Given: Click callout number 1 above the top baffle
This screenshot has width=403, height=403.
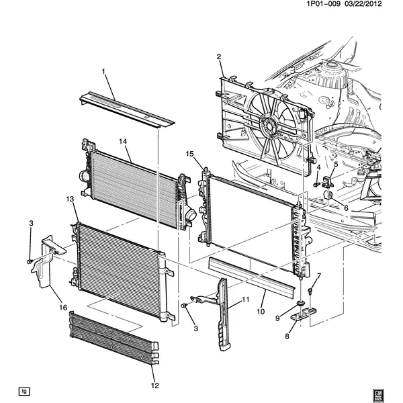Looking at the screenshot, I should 104,71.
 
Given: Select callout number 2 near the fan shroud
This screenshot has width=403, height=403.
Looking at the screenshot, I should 219,57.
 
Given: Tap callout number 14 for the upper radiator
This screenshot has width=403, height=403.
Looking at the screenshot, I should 123,142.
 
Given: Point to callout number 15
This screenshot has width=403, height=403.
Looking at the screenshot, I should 190,154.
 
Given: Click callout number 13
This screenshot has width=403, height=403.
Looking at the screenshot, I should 70,199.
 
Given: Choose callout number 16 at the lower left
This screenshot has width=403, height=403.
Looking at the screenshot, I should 64,307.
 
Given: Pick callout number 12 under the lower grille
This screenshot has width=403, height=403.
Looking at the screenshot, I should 155,386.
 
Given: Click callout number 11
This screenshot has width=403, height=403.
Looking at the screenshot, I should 245,299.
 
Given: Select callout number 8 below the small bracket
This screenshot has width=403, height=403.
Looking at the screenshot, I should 287,337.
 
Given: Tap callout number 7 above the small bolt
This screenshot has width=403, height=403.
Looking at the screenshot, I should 319,275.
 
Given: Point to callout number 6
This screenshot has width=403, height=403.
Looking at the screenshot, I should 346,208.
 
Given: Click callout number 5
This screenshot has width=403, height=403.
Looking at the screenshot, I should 336,164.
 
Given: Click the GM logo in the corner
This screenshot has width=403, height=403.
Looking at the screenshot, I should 377,391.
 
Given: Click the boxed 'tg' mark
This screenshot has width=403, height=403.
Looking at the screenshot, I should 24,391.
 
